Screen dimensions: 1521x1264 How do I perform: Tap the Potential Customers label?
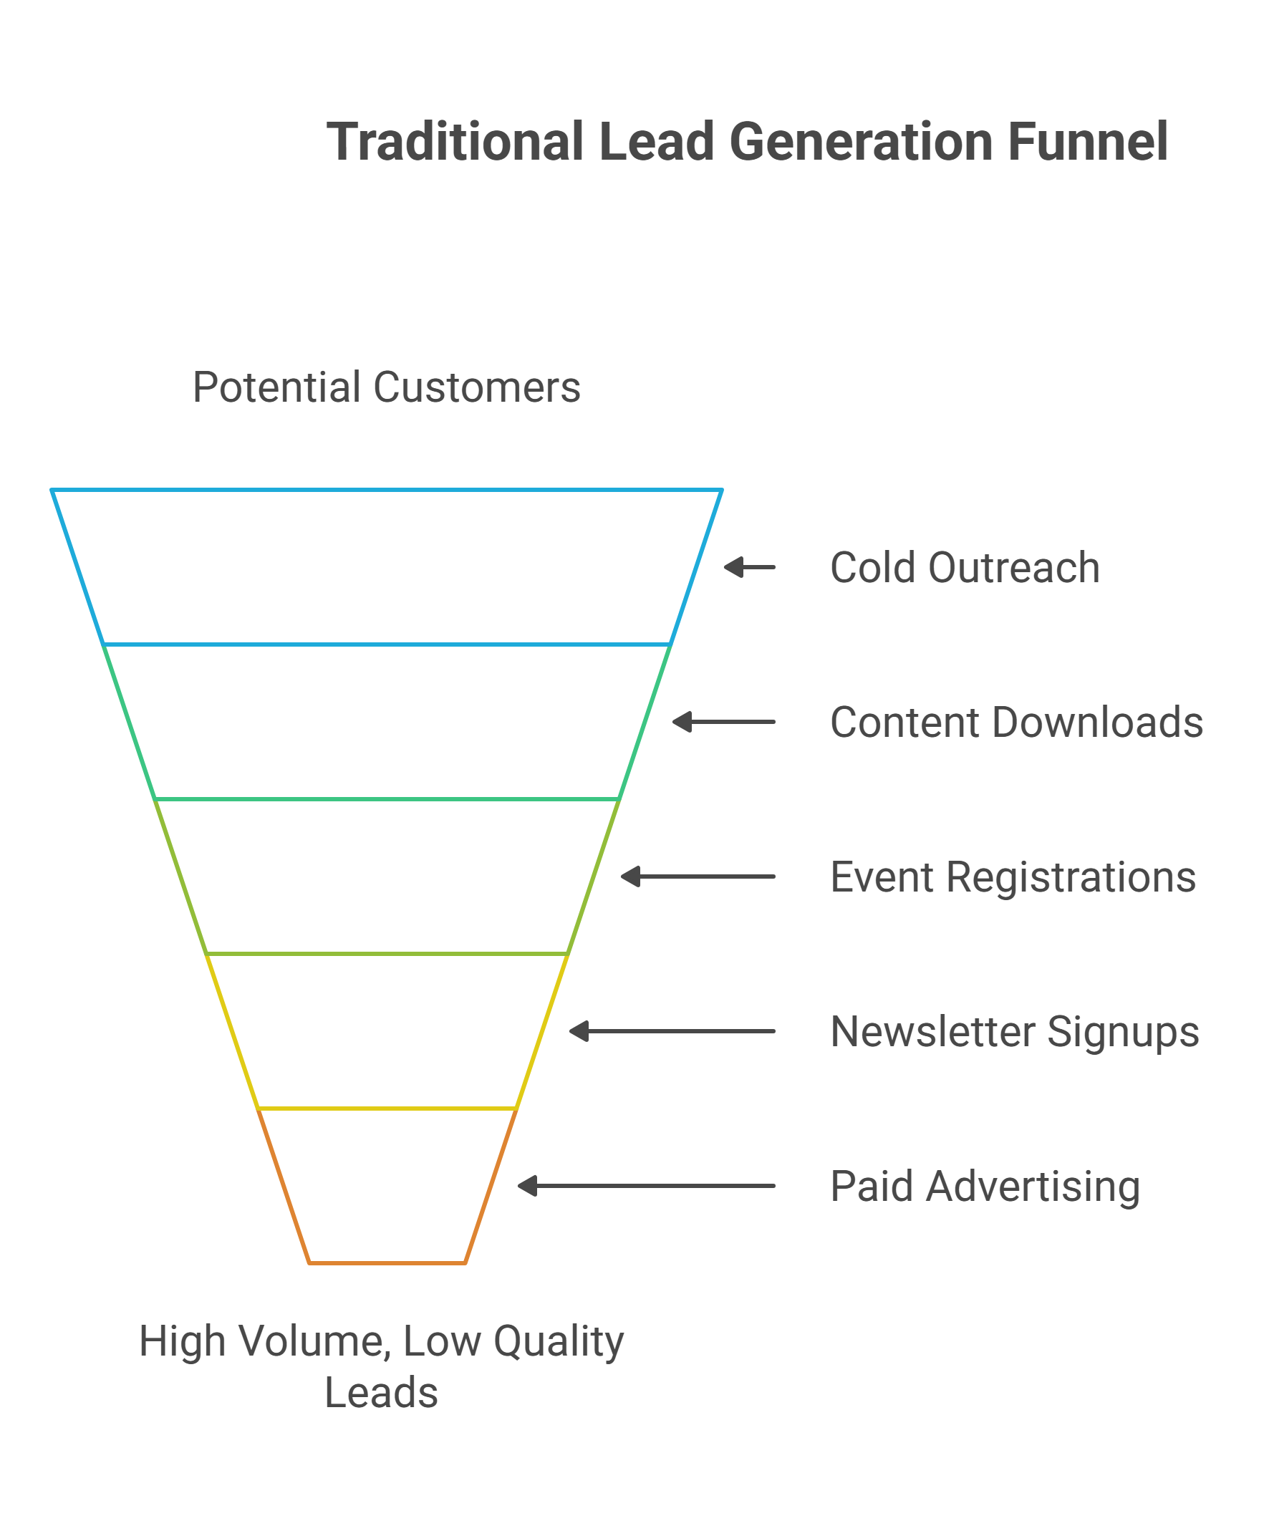[x=386, y=387]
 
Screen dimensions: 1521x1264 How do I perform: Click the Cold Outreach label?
[x=964, y=567]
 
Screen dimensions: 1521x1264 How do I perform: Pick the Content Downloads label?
[x=1016, y=722]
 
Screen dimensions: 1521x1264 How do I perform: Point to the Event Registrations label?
[x=1013, y=877]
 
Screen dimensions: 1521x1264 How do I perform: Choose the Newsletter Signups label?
[x=1014, y=1031]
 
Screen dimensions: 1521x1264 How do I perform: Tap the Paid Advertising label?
[x=985, y=1187]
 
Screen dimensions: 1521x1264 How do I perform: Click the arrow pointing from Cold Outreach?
[x=749, y=567]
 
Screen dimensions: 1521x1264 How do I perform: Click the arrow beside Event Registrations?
[x=698, y=877]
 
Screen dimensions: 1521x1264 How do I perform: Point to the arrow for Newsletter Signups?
[x=672, y=1031]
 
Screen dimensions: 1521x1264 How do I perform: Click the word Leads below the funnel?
[x=381, y=1393]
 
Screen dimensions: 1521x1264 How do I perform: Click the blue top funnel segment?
[x=386, y=567]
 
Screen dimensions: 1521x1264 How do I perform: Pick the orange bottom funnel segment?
[x=386, y=1187]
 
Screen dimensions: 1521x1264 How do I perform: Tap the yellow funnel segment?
[x=386, y=1031]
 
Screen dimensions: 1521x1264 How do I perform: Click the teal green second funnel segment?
[x=386, y=722]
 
